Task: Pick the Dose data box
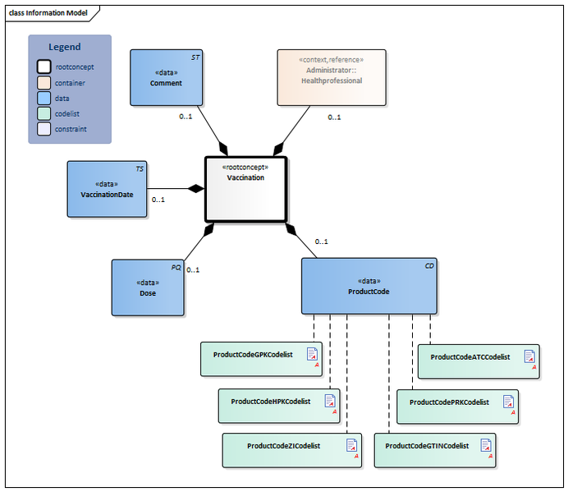pyautogui.click(x=149, y=287)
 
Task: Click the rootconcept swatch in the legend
pyautogui.click(x=44, y=67)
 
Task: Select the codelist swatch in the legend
pyautogui.click(x=44, y=113)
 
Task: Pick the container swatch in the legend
pyautogui.click(x=44, y=83)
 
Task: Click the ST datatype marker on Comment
pyautogui.click(x=195, y=57)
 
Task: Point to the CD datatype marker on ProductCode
pyautogui.click(x=429, y=266)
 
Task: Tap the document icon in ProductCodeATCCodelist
pyautogui.click(x=530, y=356)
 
